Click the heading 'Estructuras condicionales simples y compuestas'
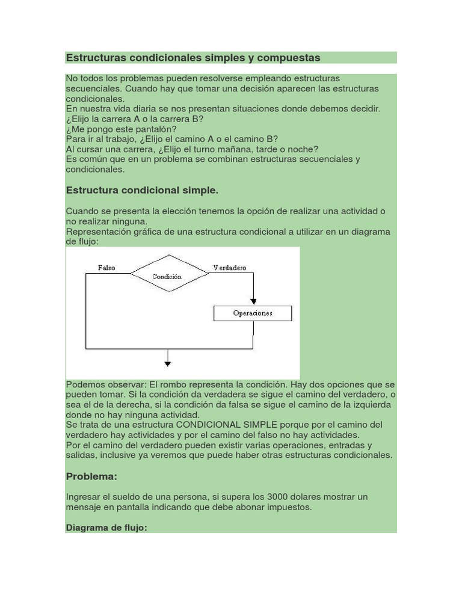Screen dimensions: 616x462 click(x=192, y=58)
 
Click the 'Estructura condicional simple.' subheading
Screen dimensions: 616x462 click(x=142, y=191)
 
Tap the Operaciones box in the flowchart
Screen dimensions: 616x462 click(x=253, y=313)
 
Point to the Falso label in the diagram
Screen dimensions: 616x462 click(x=106, y=268)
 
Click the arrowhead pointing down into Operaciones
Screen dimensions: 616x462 click(x=253, y=301)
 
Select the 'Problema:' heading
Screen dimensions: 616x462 click(x=91, y=476)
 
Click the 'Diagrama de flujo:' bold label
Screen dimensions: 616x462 click(x=106, y=528)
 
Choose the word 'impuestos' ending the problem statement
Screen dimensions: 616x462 click(x=291, y=507)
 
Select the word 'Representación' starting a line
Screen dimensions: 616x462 click(x=96, y=232)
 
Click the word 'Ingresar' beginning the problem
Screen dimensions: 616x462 click(x=83, y=497)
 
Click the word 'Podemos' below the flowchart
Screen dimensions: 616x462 click(x=84, y=384)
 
